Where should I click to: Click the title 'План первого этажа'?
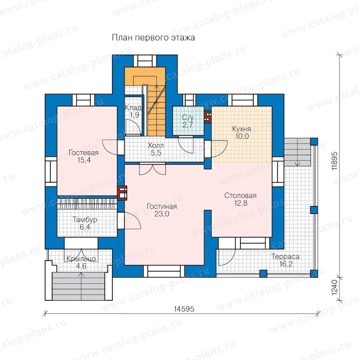pos(153,38)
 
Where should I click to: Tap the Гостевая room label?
pos(84,156)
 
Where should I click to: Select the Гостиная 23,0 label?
pos(162,210)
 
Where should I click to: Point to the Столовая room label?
pos(240,199)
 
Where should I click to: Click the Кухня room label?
pos(242,132)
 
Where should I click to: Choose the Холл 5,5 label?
pos(156,149)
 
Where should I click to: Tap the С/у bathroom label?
pos(188,121)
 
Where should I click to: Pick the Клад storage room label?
pos(133,111)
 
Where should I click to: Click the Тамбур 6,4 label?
pos(85,223)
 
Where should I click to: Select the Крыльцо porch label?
pos(81,262)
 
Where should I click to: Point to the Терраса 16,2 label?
pos(286,260)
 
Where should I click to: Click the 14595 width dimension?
pos(184,309)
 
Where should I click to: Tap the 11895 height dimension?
pos(334,161)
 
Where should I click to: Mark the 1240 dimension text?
pos(334,287)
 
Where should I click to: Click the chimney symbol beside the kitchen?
pos(208,117)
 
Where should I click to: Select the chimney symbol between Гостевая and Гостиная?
pos(122,193)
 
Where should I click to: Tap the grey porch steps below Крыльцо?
pos(78,286)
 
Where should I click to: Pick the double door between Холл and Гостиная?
pos(152,169)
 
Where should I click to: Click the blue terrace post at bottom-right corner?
pos(314,273)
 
